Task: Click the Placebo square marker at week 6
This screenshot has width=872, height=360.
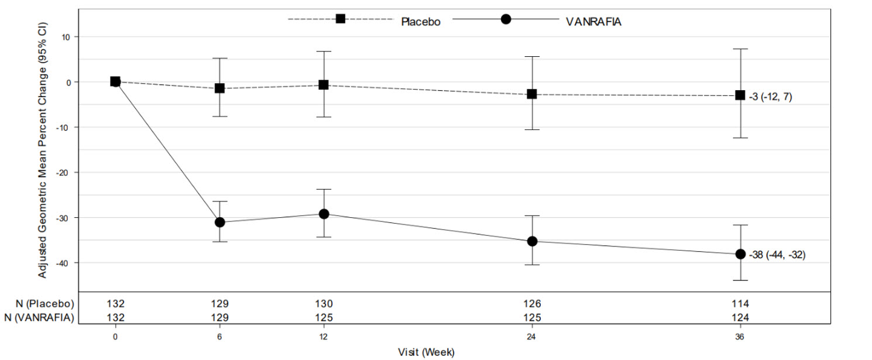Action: tap(219, 88)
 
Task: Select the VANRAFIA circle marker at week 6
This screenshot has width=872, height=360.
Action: tap(219, 222)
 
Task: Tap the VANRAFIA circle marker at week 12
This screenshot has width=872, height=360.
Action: tap(324, 214)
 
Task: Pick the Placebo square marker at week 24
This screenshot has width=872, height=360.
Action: tap(532, 94)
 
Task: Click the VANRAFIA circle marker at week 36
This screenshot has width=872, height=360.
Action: tap(740, 254)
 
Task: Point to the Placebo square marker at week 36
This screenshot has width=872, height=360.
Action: tap(740, 95)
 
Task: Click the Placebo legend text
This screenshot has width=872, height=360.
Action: tap(420, 22)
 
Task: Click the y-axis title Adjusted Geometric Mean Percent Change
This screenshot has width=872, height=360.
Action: tap(43, 151)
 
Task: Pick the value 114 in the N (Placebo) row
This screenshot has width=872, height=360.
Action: tap(740, 304)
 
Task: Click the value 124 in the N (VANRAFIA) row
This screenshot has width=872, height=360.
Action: tap(740, 318)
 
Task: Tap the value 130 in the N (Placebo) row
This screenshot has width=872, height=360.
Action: tap(324, 304)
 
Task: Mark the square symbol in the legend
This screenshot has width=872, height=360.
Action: tap(341, 19)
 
